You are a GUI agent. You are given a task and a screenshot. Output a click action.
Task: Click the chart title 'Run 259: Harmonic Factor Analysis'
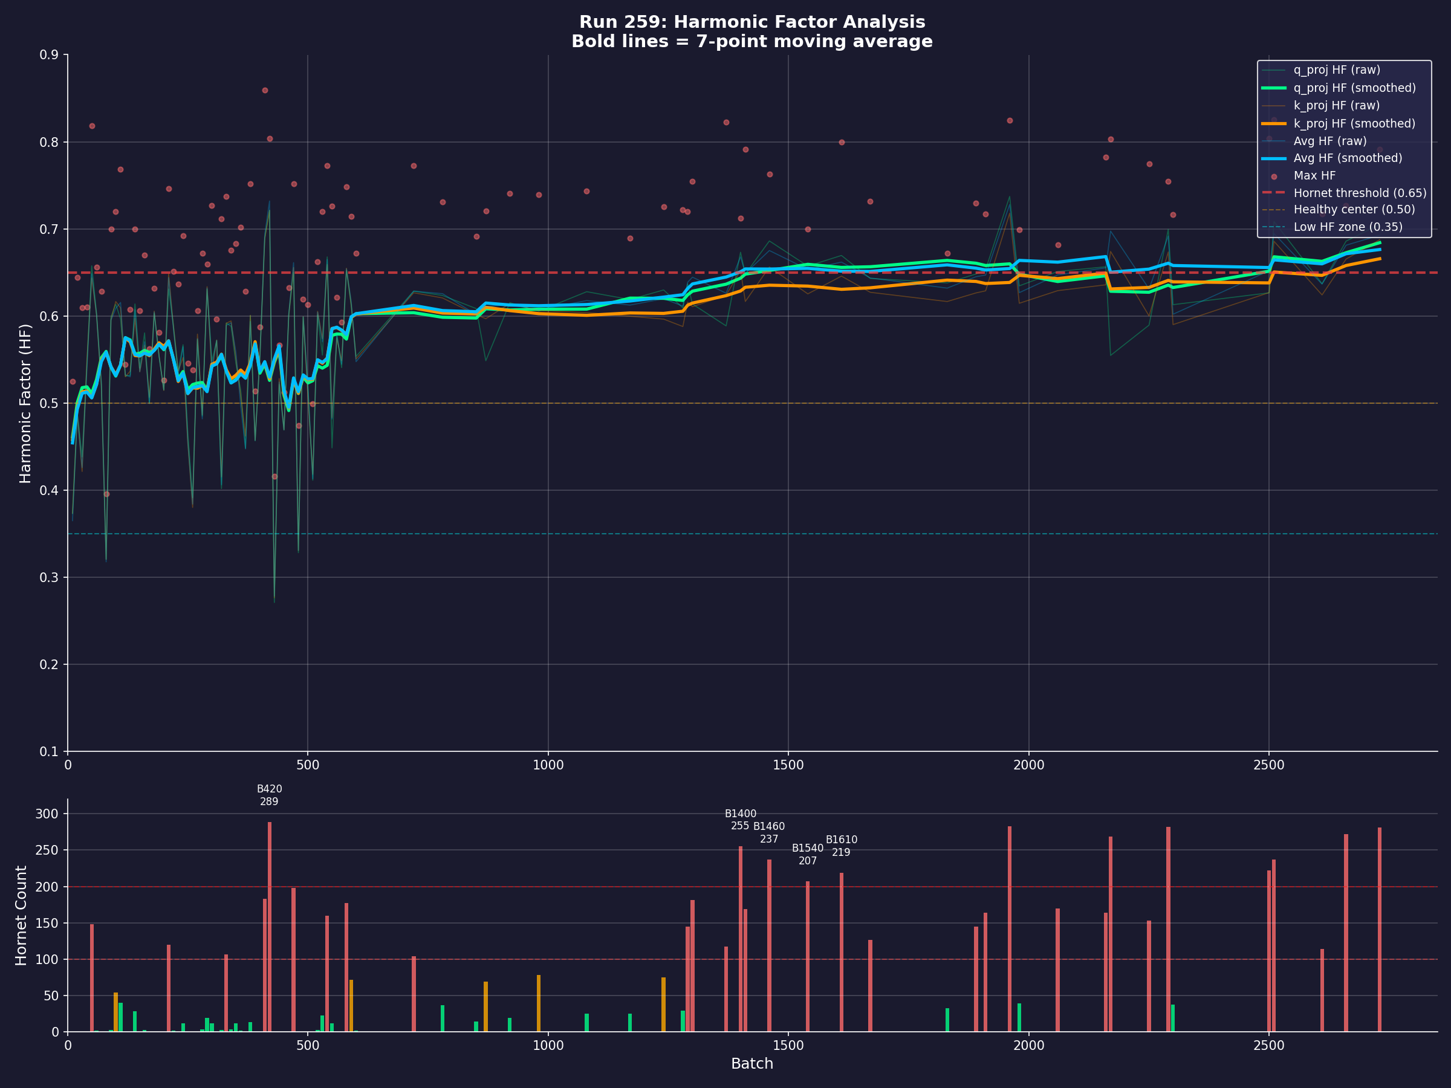point(751,22)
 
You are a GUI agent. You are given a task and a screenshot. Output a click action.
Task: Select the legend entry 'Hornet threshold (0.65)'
point(1359,193)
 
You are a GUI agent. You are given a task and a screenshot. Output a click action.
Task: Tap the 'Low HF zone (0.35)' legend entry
point(1348,227)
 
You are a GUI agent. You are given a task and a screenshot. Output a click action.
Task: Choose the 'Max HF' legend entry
point(1314,176)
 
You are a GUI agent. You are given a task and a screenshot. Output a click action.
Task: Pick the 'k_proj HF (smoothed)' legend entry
point(1354,123)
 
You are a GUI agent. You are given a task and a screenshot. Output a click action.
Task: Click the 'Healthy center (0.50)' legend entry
point(1353,210)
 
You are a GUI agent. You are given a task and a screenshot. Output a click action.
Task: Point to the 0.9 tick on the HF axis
point(49,55)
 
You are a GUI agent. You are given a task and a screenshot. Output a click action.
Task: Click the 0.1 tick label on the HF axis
point(49,751)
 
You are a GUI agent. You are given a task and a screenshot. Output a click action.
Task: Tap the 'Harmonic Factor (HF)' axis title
point(25,403)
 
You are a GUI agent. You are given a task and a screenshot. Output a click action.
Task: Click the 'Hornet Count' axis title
point(22,916)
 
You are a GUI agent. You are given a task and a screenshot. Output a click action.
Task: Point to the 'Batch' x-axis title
point(751,1064)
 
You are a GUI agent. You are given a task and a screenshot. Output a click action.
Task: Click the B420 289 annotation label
point(269,795)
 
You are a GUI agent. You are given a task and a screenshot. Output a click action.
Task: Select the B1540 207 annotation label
point(808,855)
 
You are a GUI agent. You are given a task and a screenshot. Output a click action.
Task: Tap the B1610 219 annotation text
point(841,846)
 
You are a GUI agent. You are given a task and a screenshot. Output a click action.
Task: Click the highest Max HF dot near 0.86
point(265,91)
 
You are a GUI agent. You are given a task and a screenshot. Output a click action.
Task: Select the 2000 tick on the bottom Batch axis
point(1028,1045)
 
